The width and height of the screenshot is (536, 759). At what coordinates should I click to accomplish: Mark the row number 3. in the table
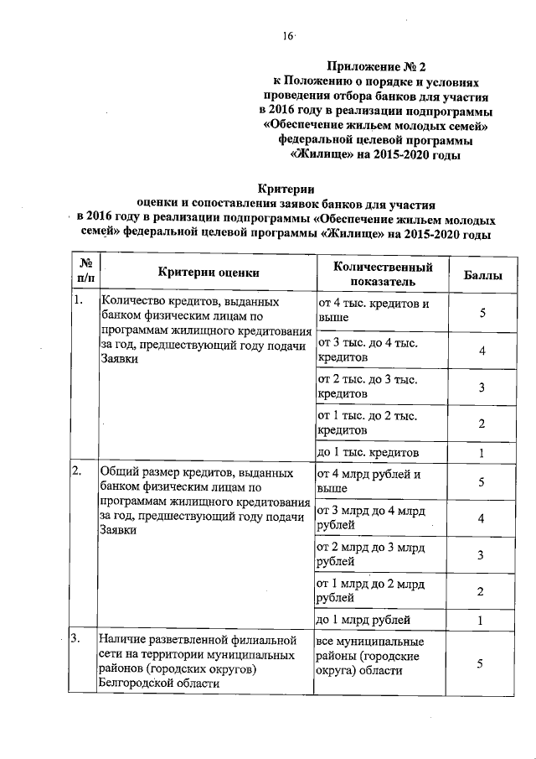pyautogui.click(x=78, y=639)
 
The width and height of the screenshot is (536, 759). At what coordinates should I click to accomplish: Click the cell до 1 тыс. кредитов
pyautogui.click(x=368, y=452)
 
